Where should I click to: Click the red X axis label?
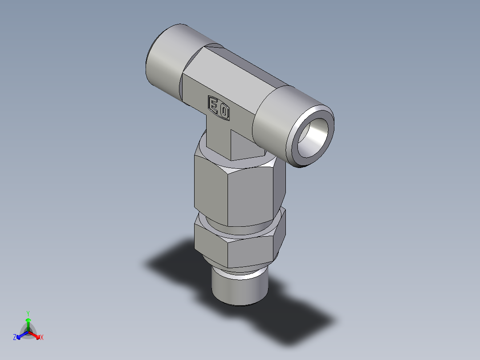coord(42,337)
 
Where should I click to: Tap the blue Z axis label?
coord(15,337)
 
